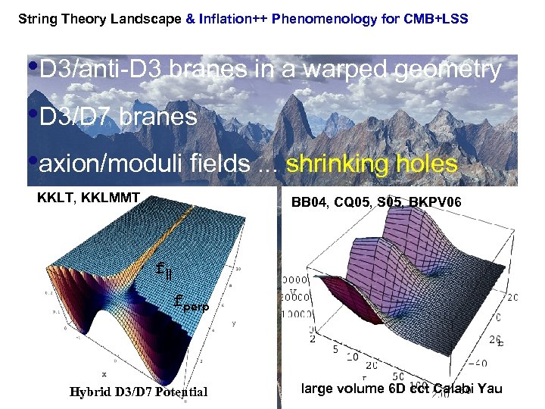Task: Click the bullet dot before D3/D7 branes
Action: [x=33, y=114]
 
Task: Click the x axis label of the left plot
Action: [x=104, y=374]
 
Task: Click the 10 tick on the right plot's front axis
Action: [x=353, y=356]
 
